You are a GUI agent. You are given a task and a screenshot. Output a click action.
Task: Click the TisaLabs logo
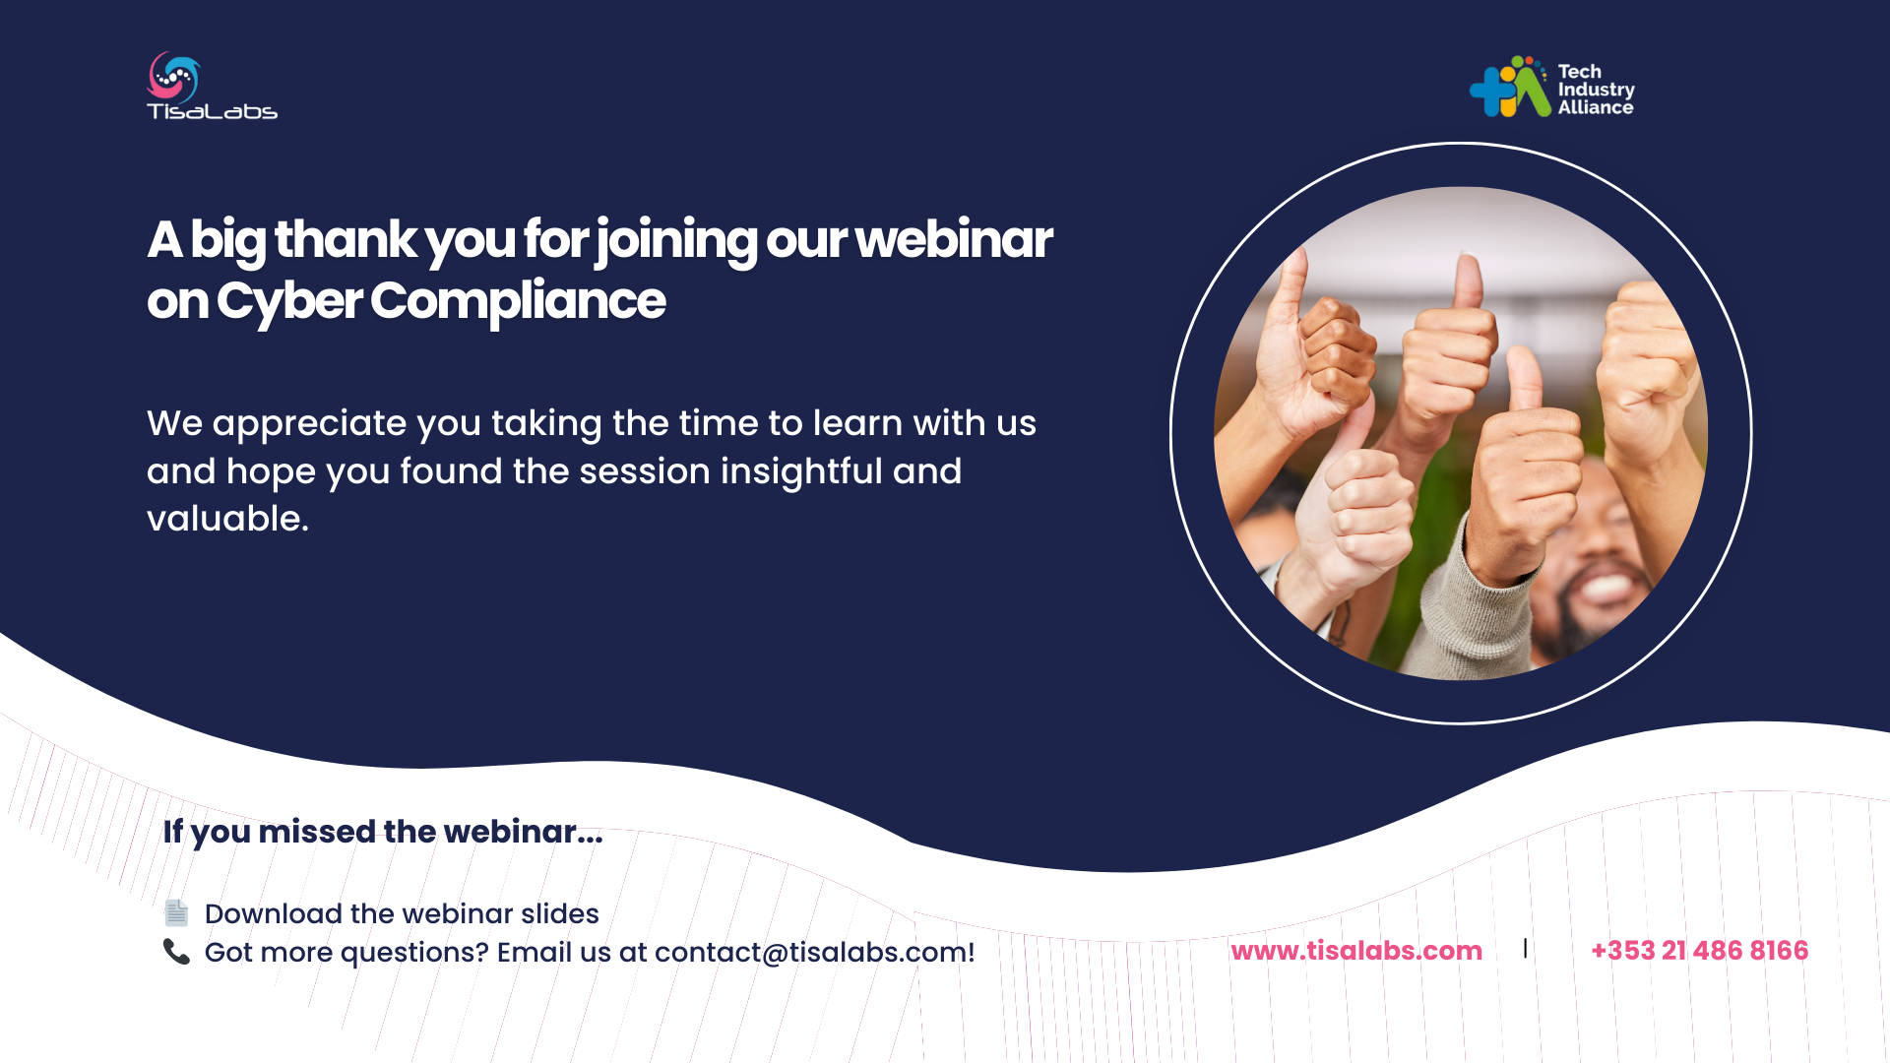[212, 86]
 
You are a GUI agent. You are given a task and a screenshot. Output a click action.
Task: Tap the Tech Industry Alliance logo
[1552, 87]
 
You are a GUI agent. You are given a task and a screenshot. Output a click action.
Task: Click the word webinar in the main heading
[954, 239]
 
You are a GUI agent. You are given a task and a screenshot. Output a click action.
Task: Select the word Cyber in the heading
[289, 301]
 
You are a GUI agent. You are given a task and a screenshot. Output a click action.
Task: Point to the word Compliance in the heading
[519, 301]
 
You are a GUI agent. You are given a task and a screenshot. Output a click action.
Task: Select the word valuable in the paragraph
[224, 519]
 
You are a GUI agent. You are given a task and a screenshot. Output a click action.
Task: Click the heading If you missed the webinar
[383, 832]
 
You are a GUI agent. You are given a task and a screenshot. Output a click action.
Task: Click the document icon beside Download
[176, 913]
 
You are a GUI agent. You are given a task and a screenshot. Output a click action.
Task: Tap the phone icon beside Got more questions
[176, 952]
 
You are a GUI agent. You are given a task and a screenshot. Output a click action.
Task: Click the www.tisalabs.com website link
[1356, 951]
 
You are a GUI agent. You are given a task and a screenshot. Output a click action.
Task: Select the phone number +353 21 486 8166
[1700, 951]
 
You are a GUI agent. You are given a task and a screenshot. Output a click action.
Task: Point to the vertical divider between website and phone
[1526, 948]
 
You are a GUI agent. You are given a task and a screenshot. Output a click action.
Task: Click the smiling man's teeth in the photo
[1605, 588]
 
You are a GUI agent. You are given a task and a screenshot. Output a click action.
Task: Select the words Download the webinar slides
[402, 914]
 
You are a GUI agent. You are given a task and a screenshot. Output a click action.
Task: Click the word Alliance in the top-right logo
[1596, 108]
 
